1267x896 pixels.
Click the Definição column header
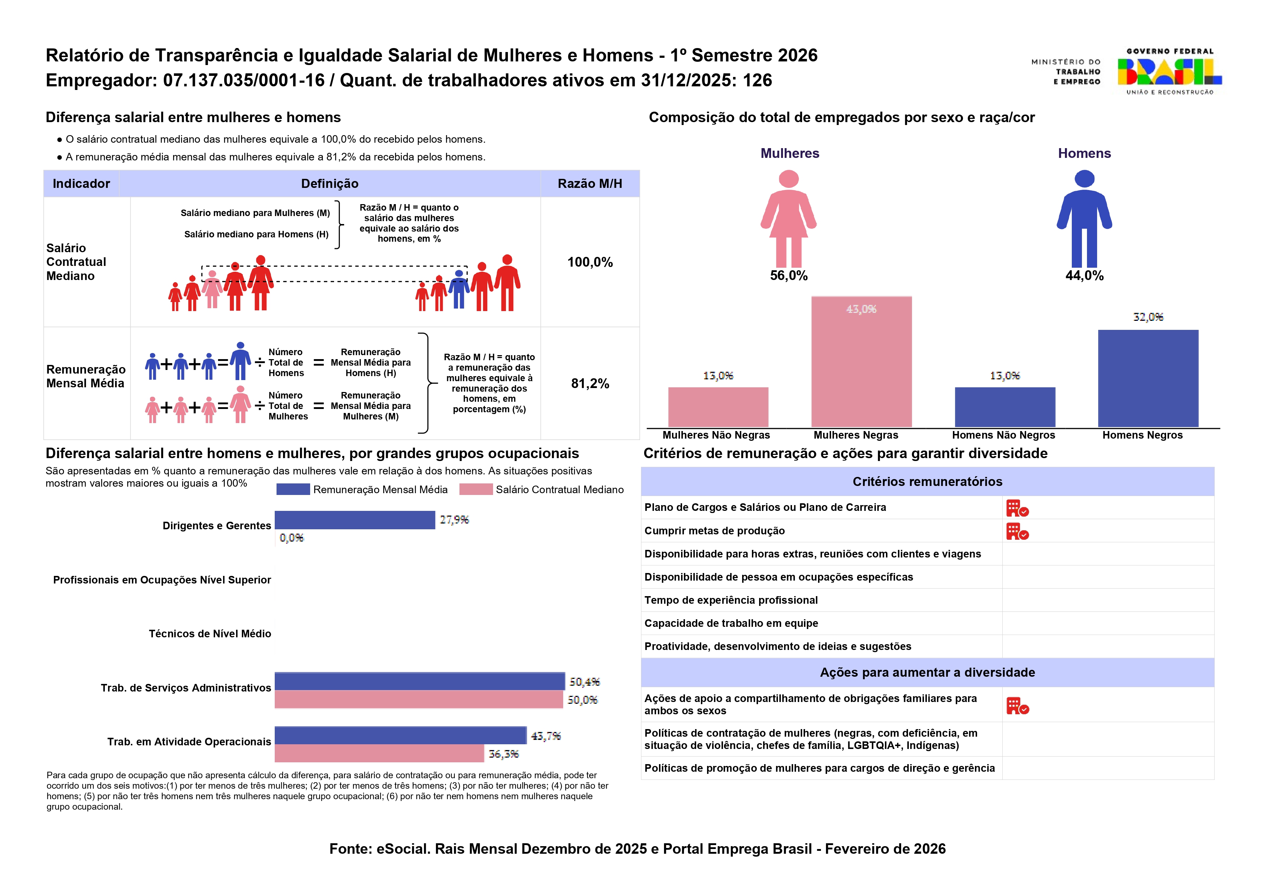(x=330, y=184)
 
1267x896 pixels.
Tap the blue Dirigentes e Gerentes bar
(x=354, y=520)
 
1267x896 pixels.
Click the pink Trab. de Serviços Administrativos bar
(x=419, y=699)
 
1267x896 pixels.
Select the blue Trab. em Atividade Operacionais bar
(x=400, y=736)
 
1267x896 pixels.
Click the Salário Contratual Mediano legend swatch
(x=475, y=490)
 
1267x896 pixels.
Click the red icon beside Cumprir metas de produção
(x=1017, y=531)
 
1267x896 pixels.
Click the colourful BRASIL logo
(x=1169, y=72)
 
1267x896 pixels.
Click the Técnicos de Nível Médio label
(x=210, y=633)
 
